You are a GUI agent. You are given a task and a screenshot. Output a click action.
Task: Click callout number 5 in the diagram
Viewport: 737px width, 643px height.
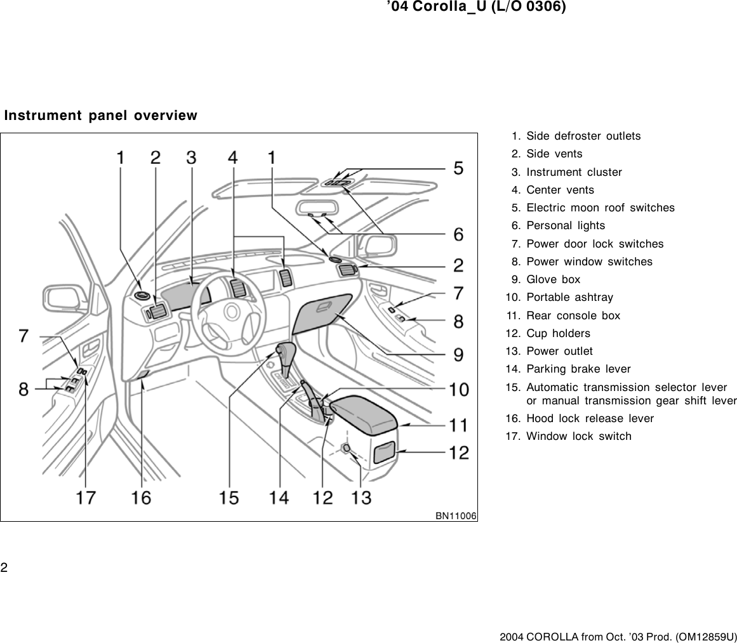458,169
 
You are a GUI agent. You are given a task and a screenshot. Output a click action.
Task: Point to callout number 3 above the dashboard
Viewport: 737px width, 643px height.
191,157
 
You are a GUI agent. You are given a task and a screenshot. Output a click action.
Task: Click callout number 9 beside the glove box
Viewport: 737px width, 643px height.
458,354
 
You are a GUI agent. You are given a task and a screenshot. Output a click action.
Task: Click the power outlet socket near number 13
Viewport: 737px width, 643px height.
347,449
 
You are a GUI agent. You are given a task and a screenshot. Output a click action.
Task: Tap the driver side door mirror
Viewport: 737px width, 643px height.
64,298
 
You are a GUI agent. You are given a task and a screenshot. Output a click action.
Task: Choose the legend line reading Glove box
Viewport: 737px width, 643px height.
553,279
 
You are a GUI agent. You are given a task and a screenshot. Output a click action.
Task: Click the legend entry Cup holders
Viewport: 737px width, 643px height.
558,333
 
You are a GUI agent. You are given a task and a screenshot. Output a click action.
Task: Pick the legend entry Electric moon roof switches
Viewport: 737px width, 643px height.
600,208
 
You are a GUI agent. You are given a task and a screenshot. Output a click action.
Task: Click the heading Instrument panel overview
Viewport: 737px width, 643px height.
101,116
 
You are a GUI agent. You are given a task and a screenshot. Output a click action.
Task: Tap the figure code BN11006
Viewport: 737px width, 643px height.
456,515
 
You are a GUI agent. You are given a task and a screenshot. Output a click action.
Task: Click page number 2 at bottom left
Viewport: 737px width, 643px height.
4,567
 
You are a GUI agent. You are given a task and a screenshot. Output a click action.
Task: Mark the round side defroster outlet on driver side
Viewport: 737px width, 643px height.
142,295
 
